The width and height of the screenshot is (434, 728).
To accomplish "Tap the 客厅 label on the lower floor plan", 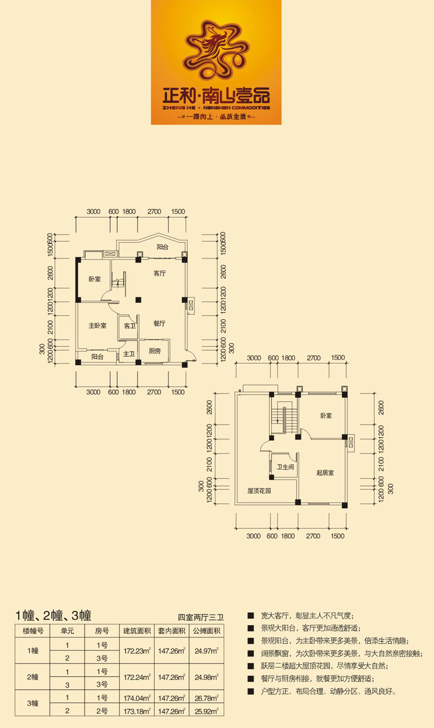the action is click(x=159, y=273).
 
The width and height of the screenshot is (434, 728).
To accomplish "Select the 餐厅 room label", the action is click(x=159, y=323).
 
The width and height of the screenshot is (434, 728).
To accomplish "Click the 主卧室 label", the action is click(x=98, y=325).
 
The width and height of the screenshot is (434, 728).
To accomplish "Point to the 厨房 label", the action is click(x=155, y=351).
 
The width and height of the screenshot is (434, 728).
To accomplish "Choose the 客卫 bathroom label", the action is click(x=130, y=326).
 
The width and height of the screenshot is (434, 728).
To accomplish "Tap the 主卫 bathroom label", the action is click(x=129, y=353).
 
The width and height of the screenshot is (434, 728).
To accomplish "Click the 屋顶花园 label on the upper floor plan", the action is click(x=259, y=491).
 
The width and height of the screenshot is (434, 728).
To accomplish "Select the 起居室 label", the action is click(x=325, y=472).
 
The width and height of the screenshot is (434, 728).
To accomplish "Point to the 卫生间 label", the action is click(x=285, y=467).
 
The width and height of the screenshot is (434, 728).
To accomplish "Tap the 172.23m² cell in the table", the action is click(x=137, y=651).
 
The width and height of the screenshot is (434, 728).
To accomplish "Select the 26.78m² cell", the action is click(x=207, y=698).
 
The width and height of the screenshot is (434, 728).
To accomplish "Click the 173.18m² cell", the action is click(x=137, y=711).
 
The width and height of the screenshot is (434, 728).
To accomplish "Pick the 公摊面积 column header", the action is click(x=207, y=631).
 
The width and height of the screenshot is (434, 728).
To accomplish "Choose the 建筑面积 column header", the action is click(x=137, y=631).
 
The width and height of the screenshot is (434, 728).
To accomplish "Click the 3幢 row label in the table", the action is click(x=33, y=704).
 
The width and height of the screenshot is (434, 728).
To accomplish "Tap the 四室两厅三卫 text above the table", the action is click(x=201, y=617).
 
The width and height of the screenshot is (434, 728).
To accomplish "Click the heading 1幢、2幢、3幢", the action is click(x=54, y=615).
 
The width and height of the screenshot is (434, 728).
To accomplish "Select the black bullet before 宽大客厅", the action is click(x=251, y=616).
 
